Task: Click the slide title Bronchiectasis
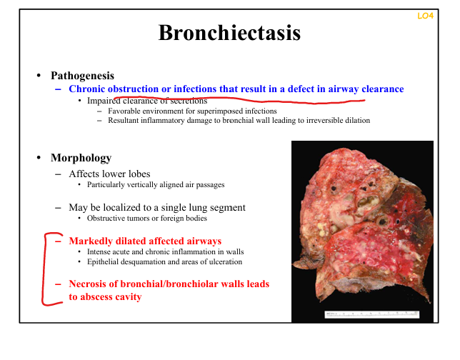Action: click(x=229, y=33)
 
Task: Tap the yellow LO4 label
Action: click(x=426, y=16)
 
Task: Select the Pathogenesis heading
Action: click(x=82, y=76)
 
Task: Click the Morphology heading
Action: click(x=81, y=158)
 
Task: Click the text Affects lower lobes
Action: click(x=109, y=174)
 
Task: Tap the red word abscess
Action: click(x=96, y=296)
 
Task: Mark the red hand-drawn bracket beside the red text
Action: click(x=44, y=269)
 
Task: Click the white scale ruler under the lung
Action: click(x=371, y=314)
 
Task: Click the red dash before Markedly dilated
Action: click(x=58, y=241)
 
